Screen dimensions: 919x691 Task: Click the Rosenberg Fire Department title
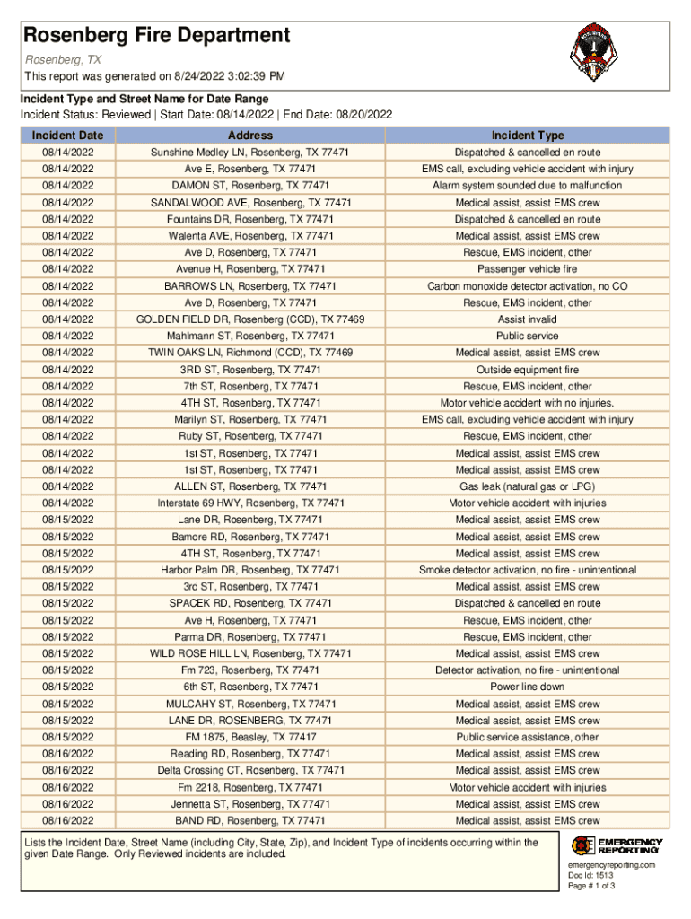[x=157, y=36]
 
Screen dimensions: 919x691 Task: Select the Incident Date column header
[x=67, y=136]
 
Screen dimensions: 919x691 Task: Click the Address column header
[x=250, y=136]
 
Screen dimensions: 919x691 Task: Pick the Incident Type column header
[x=527, y=136]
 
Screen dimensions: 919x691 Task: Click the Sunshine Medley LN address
[x=250, y=153]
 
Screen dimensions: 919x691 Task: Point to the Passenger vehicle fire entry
[x=527, y=269]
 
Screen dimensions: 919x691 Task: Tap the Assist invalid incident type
[x=527, y=319]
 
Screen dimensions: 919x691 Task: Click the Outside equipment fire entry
[x=527, y=370]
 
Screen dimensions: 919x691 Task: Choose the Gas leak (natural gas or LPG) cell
[x=527, y=486]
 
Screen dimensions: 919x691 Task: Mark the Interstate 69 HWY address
[x=250, y=503]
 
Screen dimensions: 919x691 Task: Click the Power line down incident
[x=527, y=687]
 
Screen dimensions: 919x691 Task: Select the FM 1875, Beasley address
[x=250, y=738]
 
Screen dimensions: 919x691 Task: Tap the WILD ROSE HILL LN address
[x=250, y=653]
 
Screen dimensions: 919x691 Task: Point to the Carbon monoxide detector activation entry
[x=527, y=286]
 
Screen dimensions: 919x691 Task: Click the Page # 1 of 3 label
[x=591, y=886]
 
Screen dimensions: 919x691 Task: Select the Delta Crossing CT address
[x=250, y=771]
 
